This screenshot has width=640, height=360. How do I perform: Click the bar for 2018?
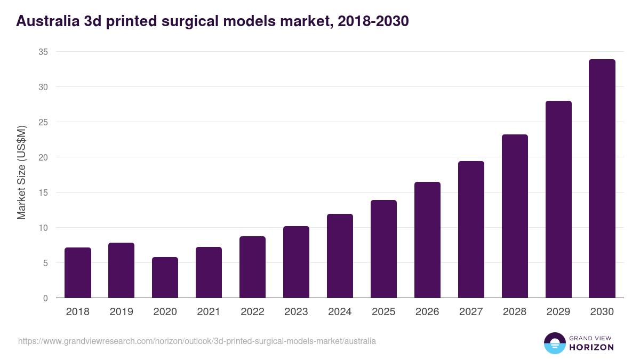pos(78,273)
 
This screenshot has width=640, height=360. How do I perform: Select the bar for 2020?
pos(165,277)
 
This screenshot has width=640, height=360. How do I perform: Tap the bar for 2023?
pos(296,262)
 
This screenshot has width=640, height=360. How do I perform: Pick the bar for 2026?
pos(427,240)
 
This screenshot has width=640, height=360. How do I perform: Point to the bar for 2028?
pos(515,216)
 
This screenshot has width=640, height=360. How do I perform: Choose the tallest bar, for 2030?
pos(602,179)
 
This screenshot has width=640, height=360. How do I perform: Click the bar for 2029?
pos(558,199)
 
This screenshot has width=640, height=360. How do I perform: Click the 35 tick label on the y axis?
pos(43,52)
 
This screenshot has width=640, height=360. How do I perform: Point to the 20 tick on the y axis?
pos(43,157)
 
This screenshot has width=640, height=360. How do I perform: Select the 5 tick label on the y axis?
pos(45,263)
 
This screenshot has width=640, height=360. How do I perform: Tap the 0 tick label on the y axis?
pos(45,298)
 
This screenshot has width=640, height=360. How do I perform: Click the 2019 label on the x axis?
pos(122,312)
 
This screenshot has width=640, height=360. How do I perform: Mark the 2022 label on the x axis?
pos(252,312)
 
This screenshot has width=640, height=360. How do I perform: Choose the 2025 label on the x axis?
pos(383,312)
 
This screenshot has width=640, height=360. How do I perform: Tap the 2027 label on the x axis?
pos(471,312)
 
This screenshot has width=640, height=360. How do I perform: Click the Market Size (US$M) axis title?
pos(21,172)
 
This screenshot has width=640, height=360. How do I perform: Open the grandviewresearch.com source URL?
pos(197,341)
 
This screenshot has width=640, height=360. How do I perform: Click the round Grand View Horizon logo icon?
pos(555,343)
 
